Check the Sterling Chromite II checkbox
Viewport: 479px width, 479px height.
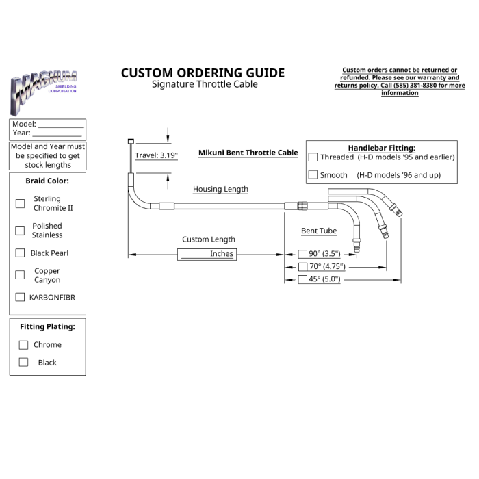20,203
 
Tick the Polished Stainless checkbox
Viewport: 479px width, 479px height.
20,231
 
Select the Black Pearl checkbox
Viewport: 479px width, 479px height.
20,253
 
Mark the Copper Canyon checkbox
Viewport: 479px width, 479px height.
20,274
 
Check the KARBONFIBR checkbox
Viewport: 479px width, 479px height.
20,297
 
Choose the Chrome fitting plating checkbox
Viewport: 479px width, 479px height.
23,345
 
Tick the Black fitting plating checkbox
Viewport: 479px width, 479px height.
23,362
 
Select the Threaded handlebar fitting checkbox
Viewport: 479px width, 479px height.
313,157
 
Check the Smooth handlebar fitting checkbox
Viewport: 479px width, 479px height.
313,174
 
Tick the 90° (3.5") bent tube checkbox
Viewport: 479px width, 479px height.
302,254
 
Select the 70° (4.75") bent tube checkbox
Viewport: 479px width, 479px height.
302,267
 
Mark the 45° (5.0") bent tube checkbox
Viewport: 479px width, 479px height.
302,279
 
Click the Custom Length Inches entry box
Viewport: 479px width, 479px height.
207,255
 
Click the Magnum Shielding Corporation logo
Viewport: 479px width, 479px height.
43,92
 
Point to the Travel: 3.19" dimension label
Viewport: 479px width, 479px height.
157,155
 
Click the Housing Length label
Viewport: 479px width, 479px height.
220,189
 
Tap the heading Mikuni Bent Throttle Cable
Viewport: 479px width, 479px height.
248,153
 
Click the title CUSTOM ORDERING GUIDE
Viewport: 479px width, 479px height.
203,73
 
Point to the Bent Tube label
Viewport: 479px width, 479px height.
319,231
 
